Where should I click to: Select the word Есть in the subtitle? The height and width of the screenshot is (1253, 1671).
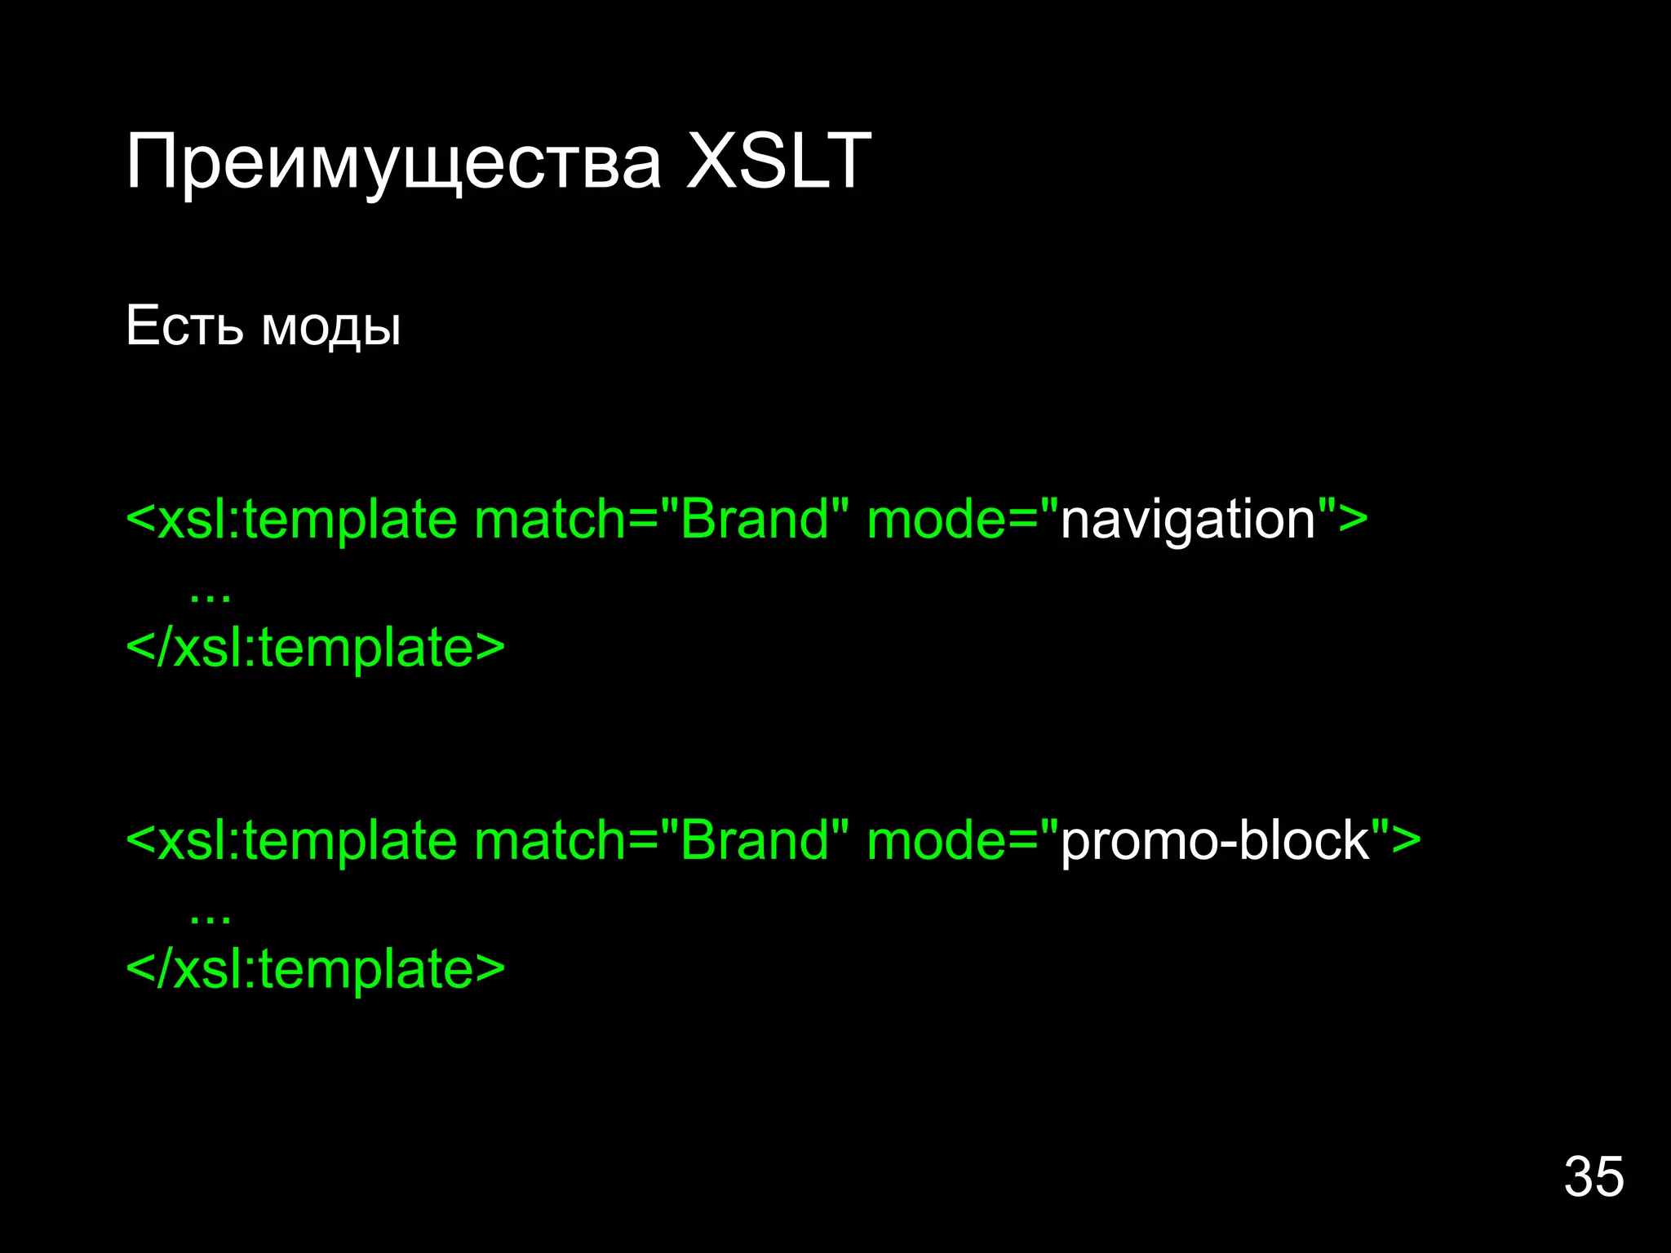184,325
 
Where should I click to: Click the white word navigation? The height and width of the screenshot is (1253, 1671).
1188,520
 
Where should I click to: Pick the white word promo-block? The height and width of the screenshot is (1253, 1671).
1215,841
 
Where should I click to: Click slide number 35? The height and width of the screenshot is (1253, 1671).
1593,1176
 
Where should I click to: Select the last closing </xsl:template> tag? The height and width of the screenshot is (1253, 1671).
316,969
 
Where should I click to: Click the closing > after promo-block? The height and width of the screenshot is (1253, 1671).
1406,841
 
